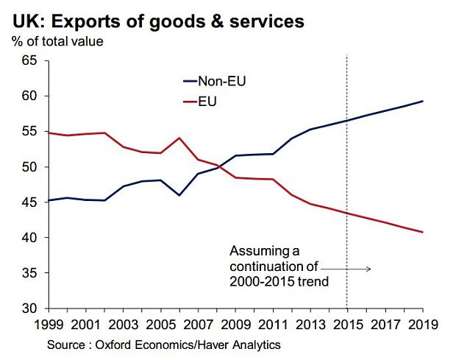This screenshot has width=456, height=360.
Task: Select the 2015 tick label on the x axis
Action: coord(346,323)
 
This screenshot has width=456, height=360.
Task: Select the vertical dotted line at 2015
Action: coord(346,184)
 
